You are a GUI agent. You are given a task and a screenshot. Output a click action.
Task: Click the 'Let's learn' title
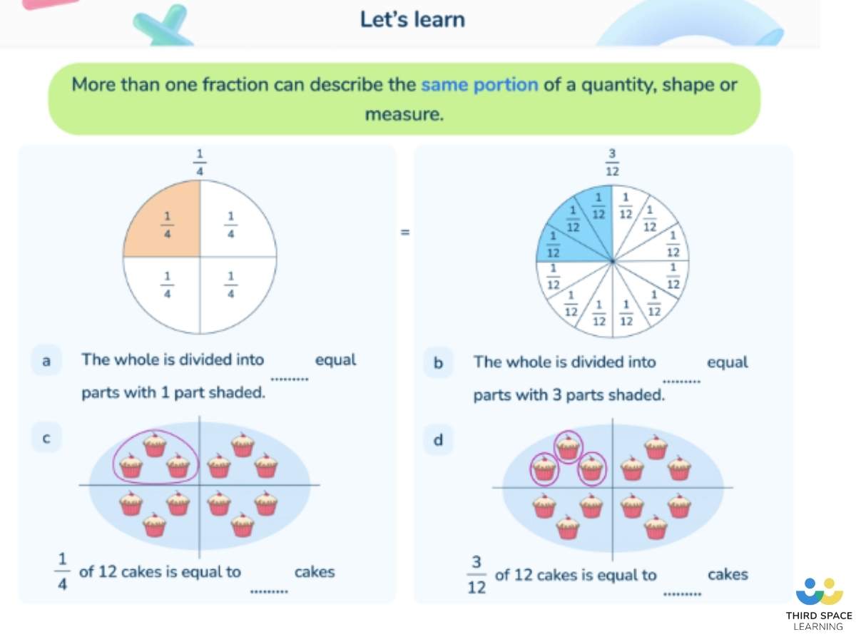pos(412,19)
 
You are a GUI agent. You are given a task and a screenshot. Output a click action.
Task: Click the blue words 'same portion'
pos(479,85)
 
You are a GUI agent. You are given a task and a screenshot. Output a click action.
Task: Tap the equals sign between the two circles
pos(404,232)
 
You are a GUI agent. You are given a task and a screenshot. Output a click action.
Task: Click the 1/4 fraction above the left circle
pos(200,162)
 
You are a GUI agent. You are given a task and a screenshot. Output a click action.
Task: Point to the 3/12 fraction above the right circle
pos(612,163)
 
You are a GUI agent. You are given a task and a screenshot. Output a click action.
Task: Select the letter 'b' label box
pos(438,363)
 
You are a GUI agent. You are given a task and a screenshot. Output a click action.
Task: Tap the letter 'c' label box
pos(46,437)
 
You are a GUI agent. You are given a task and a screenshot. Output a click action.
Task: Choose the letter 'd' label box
pos(438,440)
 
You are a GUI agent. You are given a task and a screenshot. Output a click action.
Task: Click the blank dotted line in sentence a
pos(289,379)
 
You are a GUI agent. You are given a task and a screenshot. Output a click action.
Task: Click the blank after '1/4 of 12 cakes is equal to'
pos(269,591)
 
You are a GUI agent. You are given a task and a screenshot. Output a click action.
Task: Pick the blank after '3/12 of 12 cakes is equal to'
pos(683,593)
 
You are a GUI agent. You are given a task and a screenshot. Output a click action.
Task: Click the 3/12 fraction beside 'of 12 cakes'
pos(477,576)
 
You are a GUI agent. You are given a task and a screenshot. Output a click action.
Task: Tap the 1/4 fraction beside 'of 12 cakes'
pos(62,573)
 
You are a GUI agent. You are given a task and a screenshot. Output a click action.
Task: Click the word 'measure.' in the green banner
pos(404,114)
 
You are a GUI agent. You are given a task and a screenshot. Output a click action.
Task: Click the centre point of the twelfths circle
pos(612,262)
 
